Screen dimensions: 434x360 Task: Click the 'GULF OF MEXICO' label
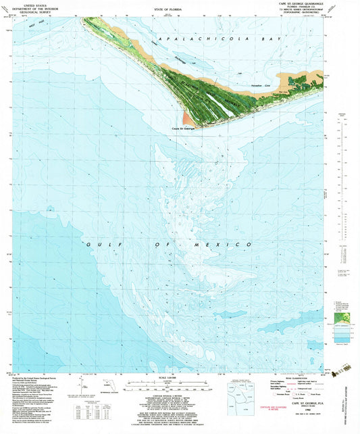pyautogui.click(x=170, y=244)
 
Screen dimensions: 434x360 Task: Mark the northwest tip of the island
pyautogui.click(x=84, y=18)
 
